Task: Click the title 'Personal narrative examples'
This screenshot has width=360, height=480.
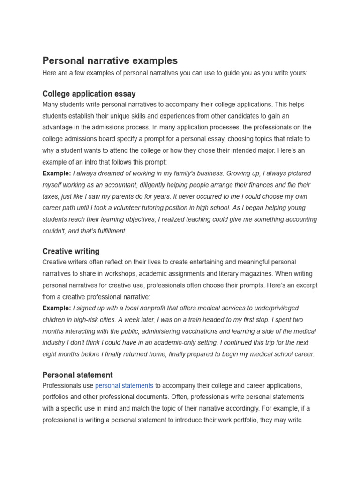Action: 110,60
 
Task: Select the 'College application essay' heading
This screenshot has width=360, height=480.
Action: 89,94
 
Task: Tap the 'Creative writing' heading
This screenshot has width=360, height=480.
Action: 71,251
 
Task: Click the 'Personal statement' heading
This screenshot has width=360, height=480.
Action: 77,375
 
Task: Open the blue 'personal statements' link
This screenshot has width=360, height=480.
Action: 124,386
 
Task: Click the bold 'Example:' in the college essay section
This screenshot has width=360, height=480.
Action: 57,173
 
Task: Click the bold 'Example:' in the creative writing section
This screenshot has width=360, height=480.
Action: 57,308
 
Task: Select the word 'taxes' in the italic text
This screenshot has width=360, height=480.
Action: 51,197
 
